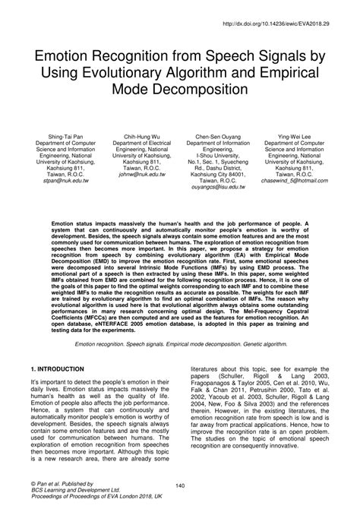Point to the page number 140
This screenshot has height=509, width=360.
pos(179,485)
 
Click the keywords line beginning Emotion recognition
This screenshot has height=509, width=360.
pos(179,344)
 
